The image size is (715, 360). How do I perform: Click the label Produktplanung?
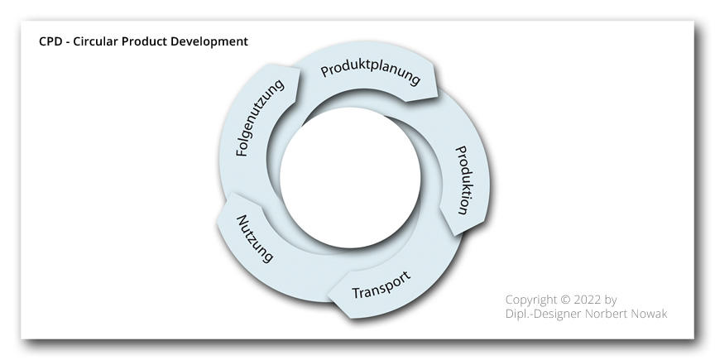370,73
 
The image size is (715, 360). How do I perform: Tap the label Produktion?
463,180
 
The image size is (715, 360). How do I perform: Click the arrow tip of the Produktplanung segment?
437,96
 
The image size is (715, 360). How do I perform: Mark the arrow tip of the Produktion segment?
456,235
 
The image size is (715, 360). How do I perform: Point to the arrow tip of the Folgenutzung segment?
300,69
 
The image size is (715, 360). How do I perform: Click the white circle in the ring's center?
350,178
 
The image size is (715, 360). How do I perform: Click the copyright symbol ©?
565,300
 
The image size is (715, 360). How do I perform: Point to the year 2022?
588,300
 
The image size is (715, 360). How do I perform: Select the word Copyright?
530,300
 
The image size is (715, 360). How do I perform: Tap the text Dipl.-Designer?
544,314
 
